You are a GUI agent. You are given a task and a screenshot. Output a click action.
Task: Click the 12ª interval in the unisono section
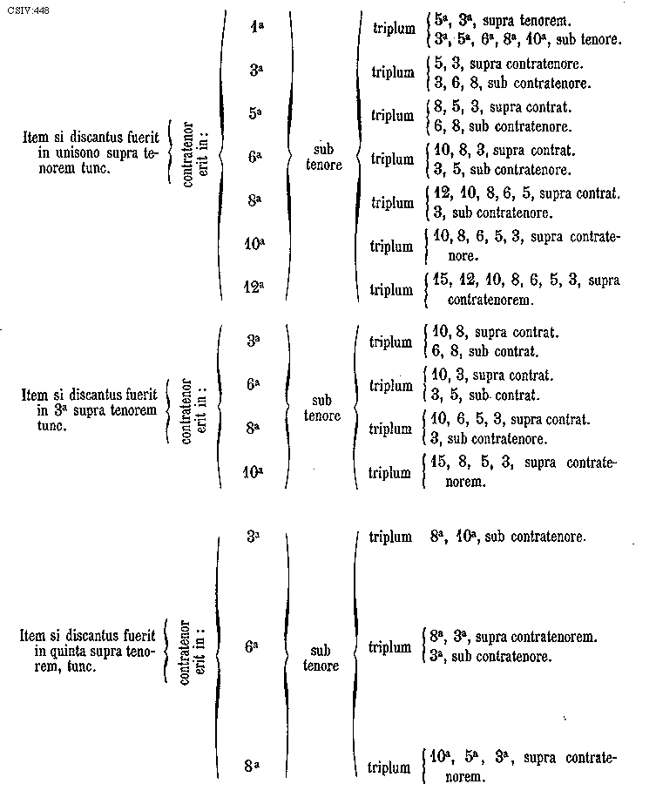coord(254,286)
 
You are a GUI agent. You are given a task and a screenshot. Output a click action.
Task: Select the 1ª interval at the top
coord(256,26)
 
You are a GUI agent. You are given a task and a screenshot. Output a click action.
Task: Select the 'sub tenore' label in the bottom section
coord(321,659)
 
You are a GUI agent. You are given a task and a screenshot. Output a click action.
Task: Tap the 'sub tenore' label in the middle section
coord(322,409)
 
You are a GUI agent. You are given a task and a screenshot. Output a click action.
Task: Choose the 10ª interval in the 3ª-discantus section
coord(254,473)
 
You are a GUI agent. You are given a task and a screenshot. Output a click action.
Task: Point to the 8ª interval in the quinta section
coord(254,767)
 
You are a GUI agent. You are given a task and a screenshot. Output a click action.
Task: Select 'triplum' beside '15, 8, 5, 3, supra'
coord(390,473)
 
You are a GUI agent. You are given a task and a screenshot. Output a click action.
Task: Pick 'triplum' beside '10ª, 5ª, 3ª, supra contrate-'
coord(389,768)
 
